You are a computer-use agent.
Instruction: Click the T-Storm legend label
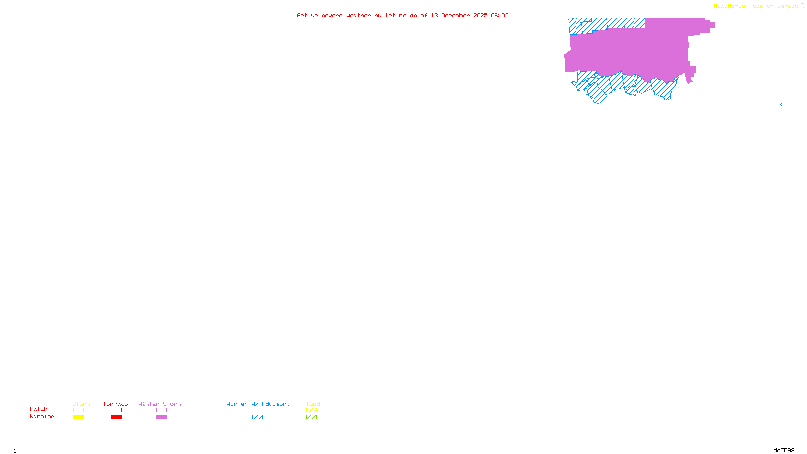pos(78,404)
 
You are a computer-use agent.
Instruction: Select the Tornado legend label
pos(116,404)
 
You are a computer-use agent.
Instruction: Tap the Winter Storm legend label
pos(159,404)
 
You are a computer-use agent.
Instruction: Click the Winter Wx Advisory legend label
pos(258,404)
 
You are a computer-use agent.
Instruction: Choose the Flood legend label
pos(311,404)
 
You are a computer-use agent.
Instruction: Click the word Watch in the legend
pos(39,409)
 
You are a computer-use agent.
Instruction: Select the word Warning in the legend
pos(42,417)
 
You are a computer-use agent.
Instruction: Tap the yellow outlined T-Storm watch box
pos(78,410)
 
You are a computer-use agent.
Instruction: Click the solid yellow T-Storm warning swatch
pos(78,417)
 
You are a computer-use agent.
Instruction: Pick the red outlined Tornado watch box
pos(116,410)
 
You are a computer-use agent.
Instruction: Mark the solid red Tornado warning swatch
pos(116,417)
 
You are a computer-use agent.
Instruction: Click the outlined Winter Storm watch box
pos(161,410)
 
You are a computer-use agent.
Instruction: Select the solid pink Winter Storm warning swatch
pos(161,417)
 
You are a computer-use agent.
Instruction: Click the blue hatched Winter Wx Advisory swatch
pos(257,417)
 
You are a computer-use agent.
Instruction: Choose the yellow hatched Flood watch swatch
pos(311,410)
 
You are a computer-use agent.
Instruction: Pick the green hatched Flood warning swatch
pos(311,417)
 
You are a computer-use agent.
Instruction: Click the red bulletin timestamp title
pos(402,15)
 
